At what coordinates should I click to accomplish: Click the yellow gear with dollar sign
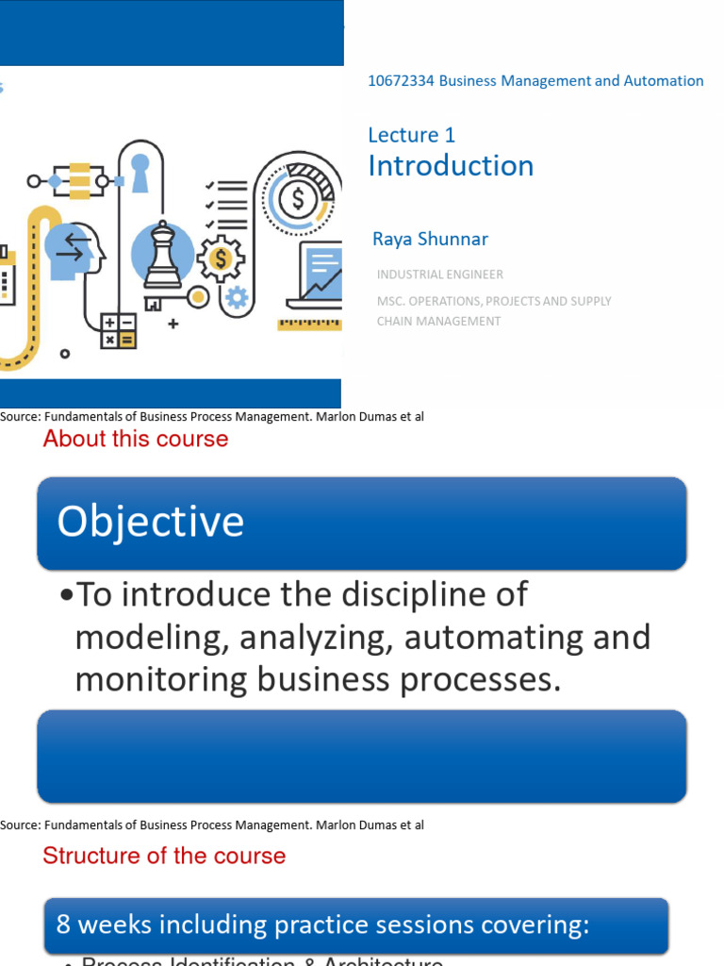pyautogui.click(x=221, y=258)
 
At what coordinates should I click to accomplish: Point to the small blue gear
pyautogui.click(x=237, y=298)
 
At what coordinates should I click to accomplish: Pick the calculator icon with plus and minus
pyautogui.click(x=119, y=330)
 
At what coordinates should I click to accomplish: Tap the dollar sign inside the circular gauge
pyautogui.click(x=299, y=199)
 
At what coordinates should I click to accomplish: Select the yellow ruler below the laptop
pyautogui.click(x=309, y=324)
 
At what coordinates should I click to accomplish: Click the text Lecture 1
pyautogui.click(x=411, y=135)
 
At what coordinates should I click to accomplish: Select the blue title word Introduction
pyautogui.click(x=451, y=166)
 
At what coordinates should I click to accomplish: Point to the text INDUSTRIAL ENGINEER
pyautogui.click(x=439, y=275)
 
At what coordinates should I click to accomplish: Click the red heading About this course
pyautogui.click(x=136, y=439)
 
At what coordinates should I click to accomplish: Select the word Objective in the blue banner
pyautogui.click(x=151, y=522)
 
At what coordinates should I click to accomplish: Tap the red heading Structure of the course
pyautogui.click(x=164, y=856)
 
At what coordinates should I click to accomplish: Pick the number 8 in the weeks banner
pyautogui.click(x=64, y=924)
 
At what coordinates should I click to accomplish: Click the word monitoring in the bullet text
pyautogui.click(x=155, y=679)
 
